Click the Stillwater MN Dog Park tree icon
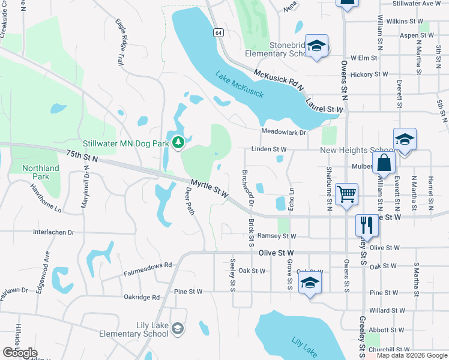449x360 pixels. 177,143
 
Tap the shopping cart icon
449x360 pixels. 346,194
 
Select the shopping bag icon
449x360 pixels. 384,162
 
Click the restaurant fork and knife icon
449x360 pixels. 366,225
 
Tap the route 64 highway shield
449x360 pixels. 217,32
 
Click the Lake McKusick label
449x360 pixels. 240,86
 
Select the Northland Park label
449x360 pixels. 41,172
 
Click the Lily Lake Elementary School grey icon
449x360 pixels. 178,328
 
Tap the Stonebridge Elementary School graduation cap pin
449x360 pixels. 316,46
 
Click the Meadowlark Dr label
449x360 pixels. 283,132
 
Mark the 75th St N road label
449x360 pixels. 82,157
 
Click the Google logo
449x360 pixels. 20,353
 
